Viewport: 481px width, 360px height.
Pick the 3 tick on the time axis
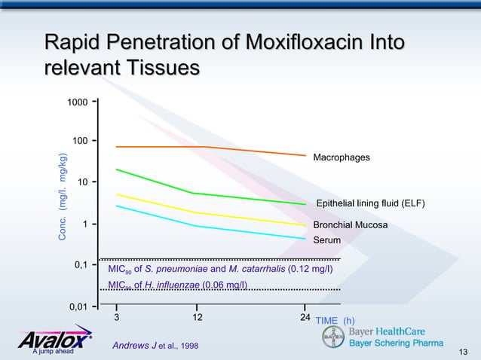[x=116, y=317]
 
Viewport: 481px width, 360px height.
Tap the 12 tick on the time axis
[x=196, y=317]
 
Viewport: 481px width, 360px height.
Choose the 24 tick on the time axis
[x=305, y=317]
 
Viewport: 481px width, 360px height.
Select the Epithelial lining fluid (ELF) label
[x=370, y=204]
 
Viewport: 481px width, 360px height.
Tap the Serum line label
[x=326, y=240]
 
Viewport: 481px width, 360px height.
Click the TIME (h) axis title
[x=335, y=321]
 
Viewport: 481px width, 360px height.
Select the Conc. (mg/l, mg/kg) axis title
[x=63, y=197]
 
